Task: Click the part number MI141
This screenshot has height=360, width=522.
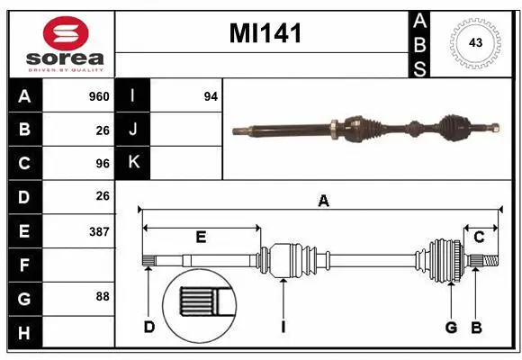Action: [x=265, y=34]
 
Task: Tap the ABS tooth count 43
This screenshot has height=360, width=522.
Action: [x=475, y=43]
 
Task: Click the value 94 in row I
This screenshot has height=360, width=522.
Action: [x=211, y=96]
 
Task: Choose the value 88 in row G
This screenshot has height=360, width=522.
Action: [x=102, y=296]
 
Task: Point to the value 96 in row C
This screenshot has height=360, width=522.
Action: [x=102, y=164]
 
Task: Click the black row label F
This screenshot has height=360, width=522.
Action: [x=24, y=265]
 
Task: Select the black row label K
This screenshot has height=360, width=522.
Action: [x=134, y=163]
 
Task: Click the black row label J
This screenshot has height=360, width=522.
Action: [x=134, y=130]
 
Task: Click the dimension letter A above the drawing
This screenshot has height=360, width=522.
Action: [x=323, y=202]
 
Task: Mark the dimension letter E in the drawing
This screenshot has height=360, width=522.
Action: [x=201, y=237]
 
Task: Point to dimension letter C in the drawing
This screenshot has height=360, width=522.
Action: [x=480, y=237]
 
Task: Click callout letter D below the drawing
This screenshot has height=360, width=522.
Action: [x=149, y=327]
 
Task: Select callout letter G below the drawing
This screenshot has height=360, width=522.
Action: [x=451, y=327]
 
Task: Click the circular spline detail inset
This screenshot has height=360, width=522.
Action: [x=200, y=305]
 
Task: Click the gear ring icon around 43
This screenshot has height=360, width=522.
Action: [x=475, y=43]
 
